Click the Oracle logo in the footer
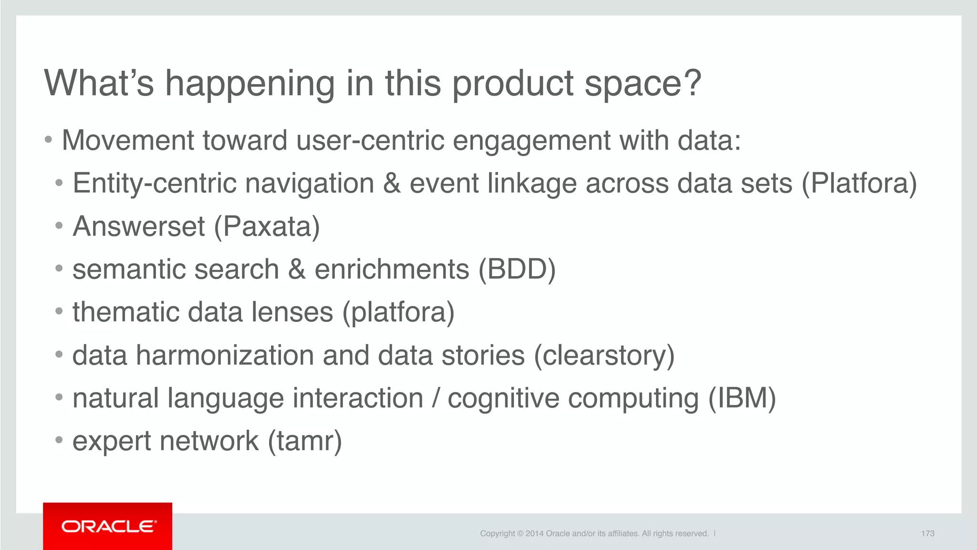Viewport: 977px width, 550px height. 108,526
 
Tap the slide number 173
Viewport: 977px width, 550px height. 927,533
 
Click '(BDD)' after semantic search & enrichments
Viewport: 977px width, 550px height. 517,269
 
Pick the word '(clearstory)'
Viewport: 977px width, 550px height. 604,356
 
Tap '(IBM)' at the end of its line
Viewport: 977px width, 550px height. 742,398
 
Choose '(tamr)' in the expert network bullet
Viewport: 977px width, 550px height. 305,441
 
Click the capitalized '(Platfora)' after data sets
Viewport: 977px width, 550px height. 859,183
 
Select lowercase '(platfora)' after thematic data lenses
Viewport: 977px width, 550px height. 398,312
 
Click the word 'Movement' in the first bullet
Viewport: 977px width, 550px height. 128,140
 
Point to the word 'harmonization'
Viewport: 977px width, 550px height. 225,356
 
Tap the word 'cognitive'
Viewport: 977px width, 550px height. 503,398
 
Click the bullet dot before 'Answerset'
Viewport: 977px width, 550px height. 59,225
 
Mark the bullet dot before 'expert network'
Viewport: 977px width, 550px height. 59,440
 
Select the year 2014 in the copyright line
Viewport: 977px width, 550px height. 534,533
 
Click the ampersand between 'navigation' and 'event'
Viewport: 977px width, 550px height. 392,183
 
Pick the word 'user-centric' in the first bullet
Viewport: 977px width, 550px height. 370,140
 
